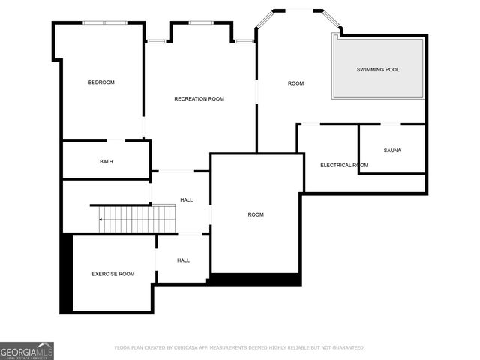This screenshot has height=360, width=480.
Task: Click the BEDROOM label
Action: pos(101,82)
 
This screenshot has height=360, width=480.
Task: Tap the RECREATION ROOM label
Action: pos(199,99)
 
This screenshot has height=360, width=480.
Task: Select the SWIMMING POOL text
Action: pos(377,69)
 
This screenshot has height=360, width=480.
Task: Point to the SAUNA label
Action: pos(392,150)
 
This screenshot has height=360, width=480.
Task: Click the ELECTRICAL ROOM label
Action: pos(344,165)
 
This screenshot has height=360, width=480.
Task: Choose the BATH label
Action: pos(106,162)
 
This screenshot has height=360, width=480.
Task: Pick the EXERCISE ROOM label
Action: pos(113,274)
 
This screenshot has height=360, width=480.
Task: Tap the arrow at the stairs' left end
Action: pos(101,219)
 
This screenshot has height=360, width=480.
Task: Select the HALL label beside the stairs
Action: pos(187,200)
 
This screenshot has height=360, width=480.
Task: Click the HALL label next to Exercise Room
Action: pos(183,260)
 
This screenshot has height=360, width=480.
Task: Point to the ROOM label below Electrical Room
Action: pos(256,214)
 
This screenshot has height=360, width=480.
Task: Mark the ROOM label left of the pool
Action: pos(296,82)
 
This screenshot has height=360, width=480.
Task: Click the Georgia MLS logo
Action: pos(27,350)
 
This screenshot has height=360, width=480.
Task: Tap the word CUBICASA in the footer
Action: pos(193,347)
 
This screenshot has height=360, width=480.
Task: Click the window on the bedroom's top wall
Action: pos(105,22)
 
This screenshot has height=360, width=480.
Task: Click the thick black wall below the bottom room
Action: pos(255,279)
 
